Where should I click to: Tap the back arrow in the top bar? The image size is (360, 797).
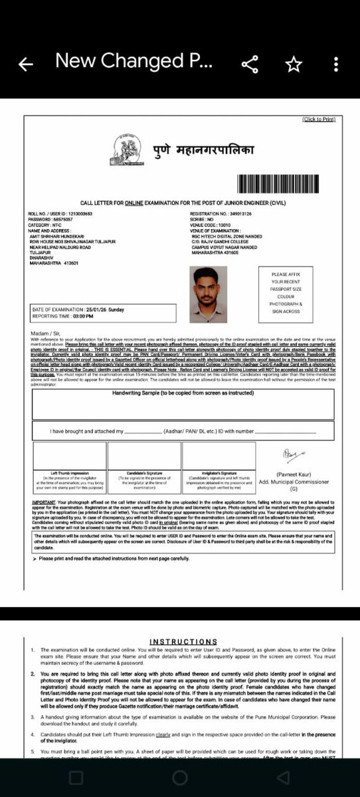tap(25, 64)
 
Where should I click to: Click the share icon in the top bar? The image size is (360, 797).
tap(250, 64)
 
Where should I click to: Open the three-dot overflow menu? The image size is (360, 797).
tap(336, 64)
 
